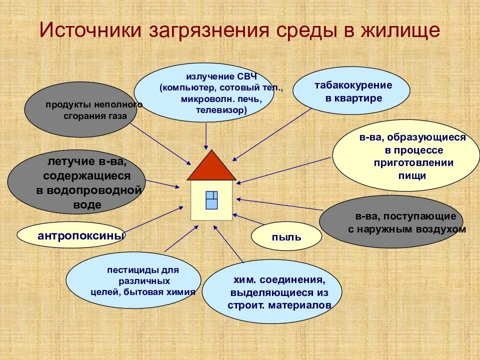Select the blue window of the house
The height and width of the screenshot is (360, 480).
pos(211,200)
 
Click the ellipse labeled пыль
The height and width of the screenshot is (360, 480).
pos(286,236)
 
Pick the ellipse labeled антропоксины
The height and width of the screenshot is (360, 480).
pos(71,234)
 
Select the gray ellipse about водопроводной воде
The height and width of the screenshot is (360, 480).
pos(76,183)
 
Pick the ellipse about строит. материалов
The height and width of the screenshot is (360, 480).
pos(272,292)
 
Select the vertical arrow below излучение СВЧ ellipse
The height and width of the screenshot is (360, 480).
pos(206,135)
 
